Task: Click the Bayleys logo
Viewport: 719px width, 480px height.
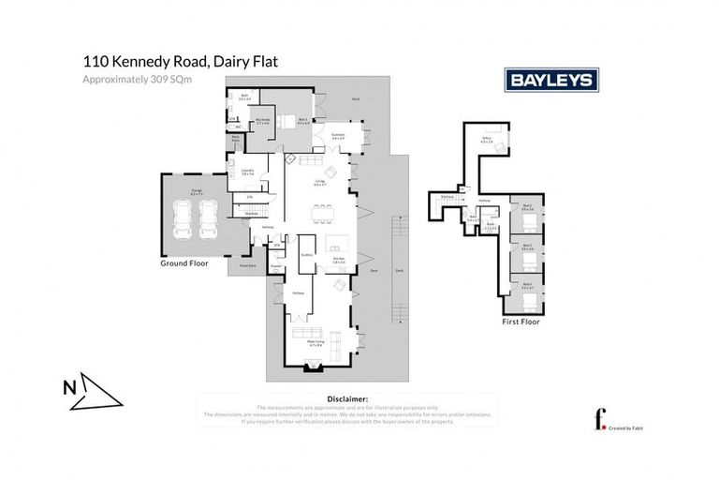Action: point(551,80)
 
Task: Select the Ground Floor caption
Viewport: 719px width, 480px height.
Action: point(183,263)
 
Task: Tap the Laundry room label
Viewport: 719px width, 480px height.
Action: point(247,172)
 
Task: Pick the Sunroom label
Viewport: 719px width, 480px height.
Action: point(339,136)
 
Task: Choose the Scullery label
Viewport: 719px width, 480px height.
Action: point(306,255)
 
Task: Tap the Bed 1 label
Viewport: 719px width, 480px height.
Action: point(302,121)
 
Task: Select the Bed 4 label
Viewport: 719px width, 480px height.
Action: point(528,284)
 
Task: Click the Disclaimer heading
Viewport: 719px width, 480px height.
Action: point(345,398)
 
